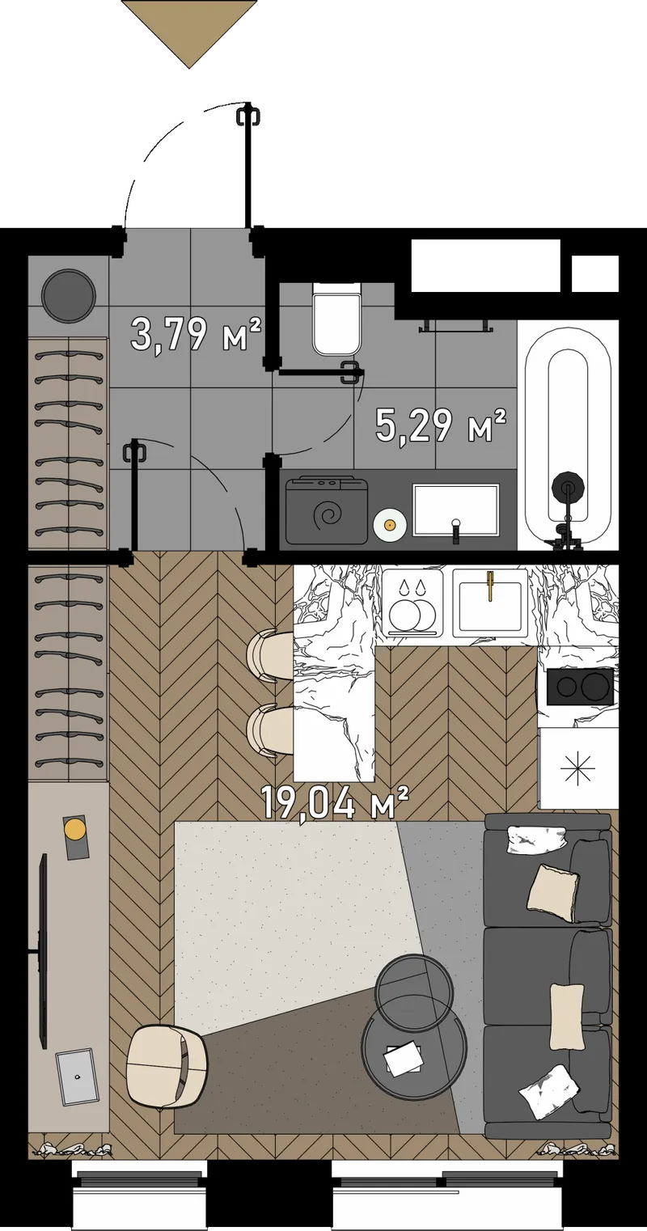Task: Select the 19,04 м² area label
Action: (335, 802)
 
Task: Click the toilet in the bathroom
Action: (337, 319)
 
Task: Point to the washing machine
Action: (327, 510)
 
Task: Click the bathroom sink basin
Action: (455, 510)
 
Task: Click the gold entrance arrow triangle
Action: (189, 33)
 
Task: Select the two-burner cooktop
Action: (579, 686)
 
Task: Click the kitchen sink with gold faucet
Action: (490, 603)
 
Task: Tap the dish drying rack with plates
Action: (412, 603)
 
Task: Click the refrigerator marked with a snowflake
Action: (579, 768)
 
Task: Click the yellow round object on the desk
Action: (74, 828)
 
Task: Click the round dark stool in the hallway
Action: (70, 295)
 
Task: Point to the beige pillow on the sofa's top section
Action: (553, 893)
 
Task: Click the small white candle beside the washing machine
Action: (389, 525)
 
